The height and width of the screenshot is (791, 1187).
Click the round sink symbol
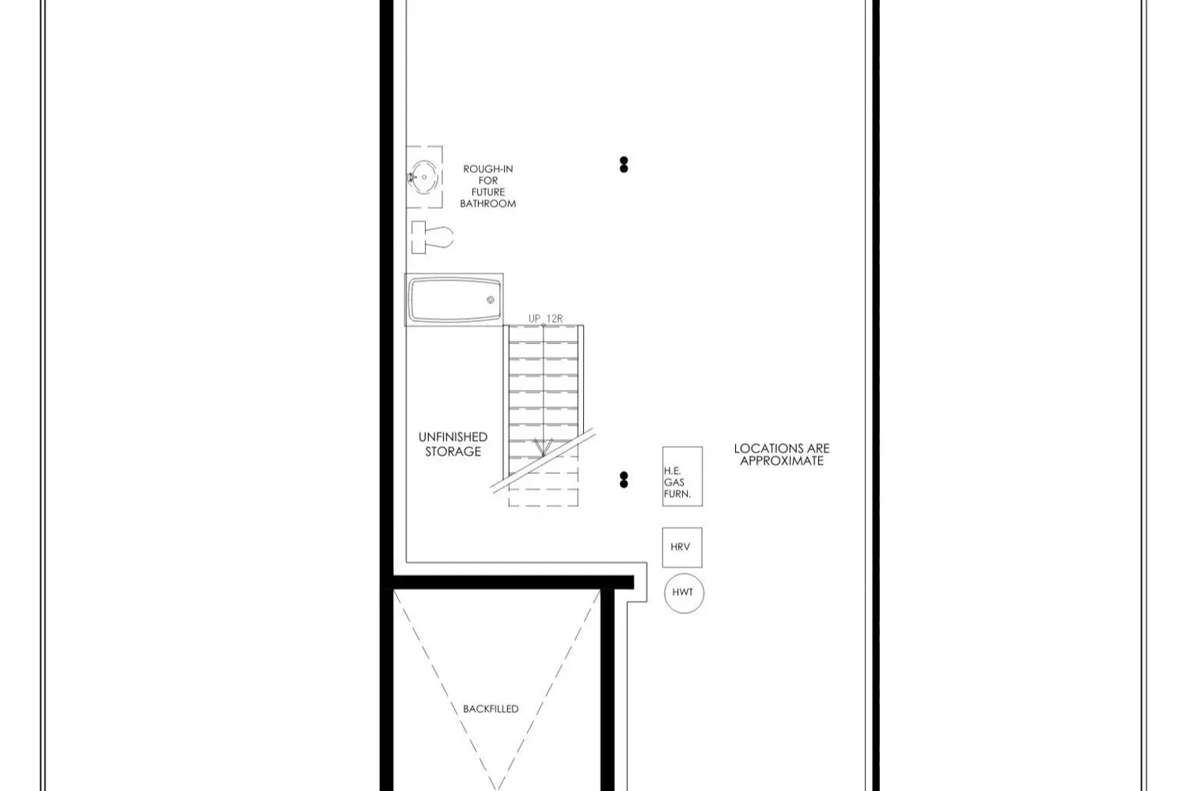[423, 176]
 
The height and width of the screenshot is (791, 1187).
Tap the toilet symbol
[432, 237]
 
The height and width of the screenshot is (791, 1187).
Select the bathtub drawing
[454, 300]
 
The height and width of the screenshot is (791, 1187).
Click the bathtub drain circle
[491, 300]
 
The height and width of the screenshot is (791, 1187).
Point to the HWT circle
[683, 592]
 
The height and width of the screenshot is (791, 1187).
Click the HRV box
[681, 547]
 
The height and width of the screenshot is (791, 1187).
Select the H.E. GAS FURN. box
[682, 476]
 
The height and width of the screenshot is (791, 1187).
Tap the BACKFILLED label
[491, 709]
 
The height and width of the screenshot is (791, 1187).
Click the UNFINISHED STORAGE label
[453, 444]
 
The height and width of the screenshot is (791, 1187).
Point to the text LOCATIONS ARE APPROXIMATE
[782, 454]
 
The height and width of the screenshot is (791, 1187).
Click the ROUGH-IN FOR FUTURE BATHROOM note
[488, 186]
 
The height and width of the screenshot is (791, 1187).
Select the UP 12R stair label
[545, 319]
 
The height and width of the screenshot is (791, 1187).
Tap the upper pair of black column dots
[624, 165]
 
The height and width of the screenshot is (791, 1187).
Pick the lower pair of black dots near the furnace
[624, 479]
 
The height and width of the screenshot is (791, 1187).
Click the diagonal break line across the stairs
[543, 460]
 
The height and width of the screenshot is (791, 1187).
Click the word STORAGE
[453, 452]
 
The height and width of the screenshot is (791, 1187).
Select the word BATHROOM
[488, 203]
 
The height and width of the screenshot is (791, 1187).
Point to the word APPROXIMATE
[782, 460]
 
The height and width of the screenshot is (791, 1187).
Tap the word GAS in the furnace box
[674, 482]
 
